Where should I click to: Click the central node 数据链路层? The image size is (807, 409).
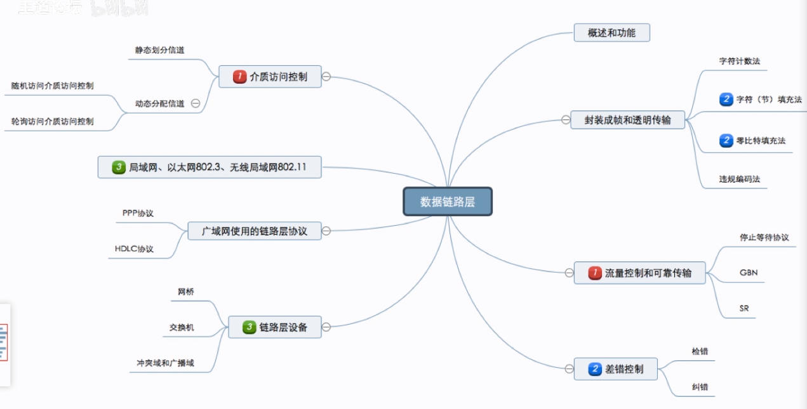[x=447, y=202]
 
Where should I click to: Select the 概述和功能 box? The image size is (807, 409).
[x=611, y=33]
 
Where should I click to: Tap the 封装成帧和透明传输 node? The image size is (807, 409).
[x=627, y=120]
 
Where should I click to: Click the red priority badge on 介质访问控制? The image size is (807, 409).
[x=239, y=77]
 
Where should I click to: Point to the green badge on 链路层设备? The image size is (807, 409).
[x=249, y=327]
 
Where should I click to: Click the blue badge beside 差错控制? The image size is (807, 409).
[x=595, y=368]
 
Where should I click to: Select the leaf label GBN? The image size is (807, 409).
[x=748, y=273]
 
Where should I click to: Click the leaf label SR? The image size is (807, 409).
[x=744, y=309]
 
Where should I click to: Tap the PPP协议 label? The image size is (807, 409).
[x=138, y=213]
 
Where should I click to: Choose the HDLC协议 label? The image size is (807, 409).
[x=134, y=249]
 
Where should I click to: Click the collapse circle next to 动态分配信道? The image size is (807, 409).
[x=196, y=103]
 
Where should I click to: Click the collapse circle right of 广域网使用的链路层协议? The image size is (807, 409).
[x=326, y=231]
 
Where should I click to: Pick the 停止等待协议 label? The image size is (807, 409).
[x=764, y=237]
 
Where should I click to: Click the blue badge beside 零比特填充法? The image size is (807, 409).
[x=726, y=140]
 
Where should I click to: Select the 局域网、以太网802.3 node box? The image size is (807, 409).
[x=210, y=167]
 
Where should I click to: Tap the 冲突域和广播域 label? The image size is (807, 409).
[x=165, y=363]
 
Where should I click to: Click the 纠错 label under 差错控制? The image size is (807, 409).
[x=700, y=387]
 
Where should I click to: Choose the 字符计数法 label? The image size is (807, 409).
[x=739, y=62]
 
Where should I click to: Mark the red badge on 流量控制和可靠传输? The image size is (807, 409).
[x=595, y=273]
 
